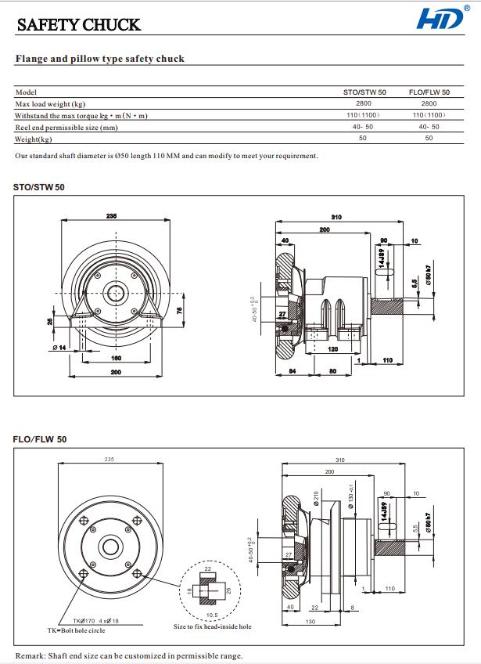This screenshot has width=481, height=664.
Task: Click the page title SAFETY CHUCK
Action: pos(79,25)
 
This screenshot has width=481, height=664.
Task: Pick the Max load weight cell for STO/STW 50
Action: pos(364,103)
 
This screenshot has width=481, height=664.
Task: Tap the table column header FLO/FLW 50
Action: pos(429,92)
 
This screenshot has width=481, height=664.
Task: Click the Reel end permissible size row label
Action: pos(66,127)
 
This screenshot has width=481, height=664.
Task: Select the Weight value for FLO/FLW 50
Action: pos(429,139)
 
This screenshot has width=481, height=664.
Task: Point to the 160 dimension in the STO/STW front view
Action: pos(117,358)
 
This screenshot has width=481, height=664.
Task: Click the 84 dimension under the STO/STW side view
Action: pos(292,371)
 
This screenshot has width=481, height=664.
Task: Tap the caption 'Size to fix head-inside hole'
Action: pos(213,626)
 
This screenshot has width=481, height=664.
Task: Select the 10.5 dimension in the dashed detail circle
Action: pos(211,615)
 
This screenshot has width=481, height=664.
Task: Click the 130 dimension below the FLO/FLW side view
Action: pos(310,622)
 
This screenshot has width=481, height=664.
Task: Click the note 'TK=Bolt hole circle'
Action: pos(76,630)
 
